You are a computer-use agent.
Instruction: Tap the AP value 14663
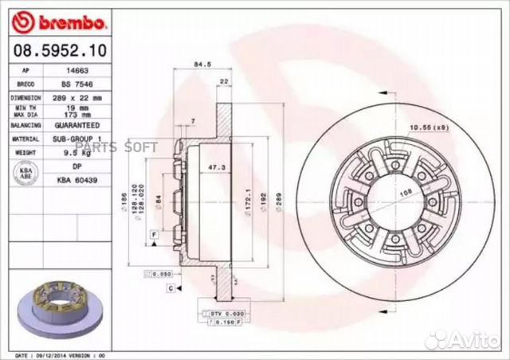pyautogui.click(x=76, y=70)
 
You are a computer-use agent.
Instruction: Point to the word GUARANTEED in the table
pyautogui.click(x=76, y=125)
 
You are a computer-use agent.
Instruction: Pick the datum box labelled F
pyautogui.click(x=151, y=232)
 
